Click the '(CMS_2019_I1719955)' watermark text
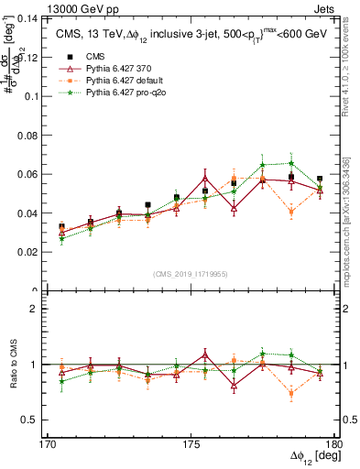point(191,273)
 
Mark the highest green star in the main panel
point(291,163)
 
